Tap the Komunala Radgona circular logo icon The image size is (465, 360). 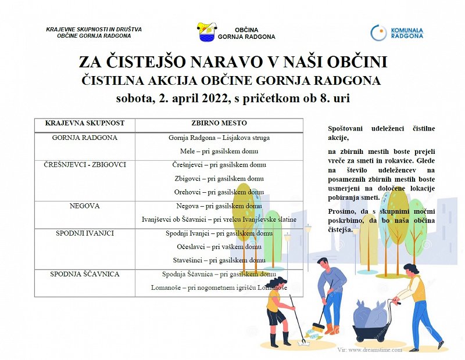pyautogui.click(x=378, y=33)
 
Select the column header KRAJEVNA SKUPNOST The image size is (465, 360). pyautogui.click(x=84, y=124)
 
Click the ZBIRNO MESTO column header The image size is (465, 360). pyautogui.click(x=219, y=124)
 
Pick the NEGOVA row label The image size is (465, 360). pyautogui.click(x=84, y=206)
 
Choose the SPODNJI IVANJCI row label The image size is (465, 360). pyautogui.click(x=84, y=233)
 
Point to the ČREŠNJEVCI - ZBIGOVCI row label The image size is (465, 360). pyautogui.click(x=84, y=165)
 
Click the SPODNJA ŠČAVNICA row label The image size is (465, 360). pyautogui.click(x=84, y=274)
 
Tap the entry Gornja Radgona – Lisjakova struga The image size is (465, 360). pyautogui.click(x=219, y=138)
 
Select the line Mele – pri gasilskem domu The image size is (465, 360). pyautogui.click(x=219, y=152)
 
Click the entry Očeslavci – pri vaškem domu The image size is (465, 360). pyautogui.click(x=219, y=247)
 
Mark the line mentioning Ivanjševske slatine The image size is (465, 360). pyautogui.click(x=219, y=219)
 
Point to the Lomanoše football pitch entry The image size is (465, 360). pyautogui.click(x=219, y=288)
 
